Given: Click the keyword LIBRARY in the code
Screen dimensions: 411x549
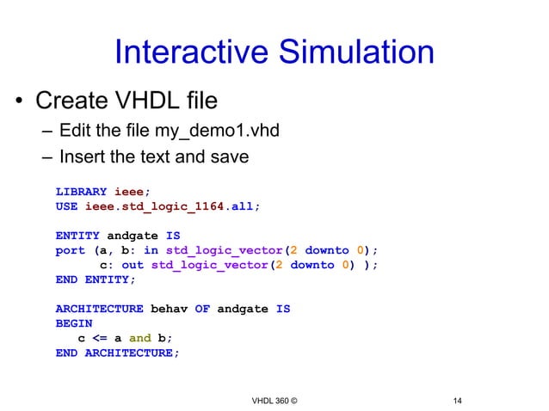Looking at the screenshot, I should point(81,192).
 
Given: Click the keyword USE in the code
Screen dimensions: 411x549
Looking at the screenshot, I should point(66,206).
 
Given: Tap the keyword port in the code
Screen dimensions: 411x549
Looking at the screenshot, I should point(70,250).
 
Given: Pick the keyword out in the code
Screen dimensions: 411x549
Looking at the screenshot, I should point(133,265).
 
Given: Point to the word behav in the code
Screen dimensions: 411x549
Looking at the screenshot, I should point(169,309).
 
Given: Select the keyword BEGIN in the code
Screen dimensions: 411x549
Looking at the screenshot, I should point(73,323).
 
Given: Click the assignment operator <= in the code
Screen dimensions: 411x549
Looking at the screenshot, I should point(99,338).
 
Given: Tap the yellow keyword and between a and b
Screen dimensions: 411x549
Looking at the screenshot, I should point(139,338).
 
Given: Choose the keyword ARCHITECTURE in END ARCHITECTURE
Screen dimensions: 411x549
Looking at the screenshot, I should point(128,353).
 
